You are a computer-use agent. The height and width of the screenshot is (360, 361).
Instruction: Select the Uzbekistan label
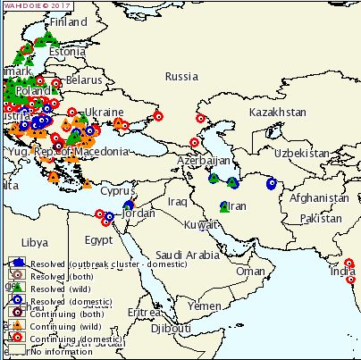click(x=304, y=153)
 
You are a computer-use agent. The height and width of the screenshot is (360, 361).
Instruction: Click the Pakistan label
click(x=321, y=218)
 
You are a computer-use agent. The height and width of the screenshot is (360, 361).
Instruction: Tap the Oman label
click(x=251, y=271)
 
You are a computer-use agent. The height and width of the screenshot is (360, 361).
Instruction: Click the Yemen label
click(x=205, y=306)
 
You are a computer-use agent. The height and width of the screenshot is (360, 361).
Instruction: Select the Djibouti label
click(x=171, y=329)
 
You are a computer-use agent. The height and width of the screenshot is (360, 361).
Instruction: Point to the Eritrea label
click(x=145, y=313)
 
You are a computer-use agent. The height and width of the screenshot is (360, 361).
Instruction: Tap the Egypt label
click(x=98, y=240)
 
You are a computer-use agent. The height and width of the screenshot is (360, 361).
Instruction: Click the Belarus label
click(x=85, y=79)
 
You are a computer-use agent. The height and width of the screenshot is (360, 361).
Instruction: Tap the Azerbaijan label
click(x=205, y=160)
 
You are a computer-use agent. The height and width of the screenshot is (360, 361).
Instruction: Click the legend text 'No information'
click(x=62, y=351)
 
